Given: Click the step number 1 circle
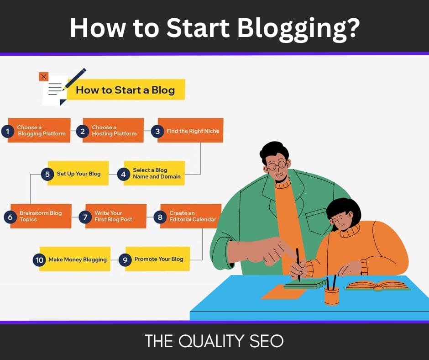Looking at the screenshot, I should click(x=8, y=132).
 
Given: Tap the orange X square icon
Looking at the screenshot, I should click(x=44, y=77).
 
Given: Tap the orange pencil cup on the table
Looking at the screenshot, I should click(x=332, y=295).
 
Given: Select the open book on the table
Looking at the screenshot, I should click(x=377, y=286).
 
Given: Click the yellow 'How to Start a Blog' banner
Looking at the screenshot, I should click(x=125, y=90).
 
